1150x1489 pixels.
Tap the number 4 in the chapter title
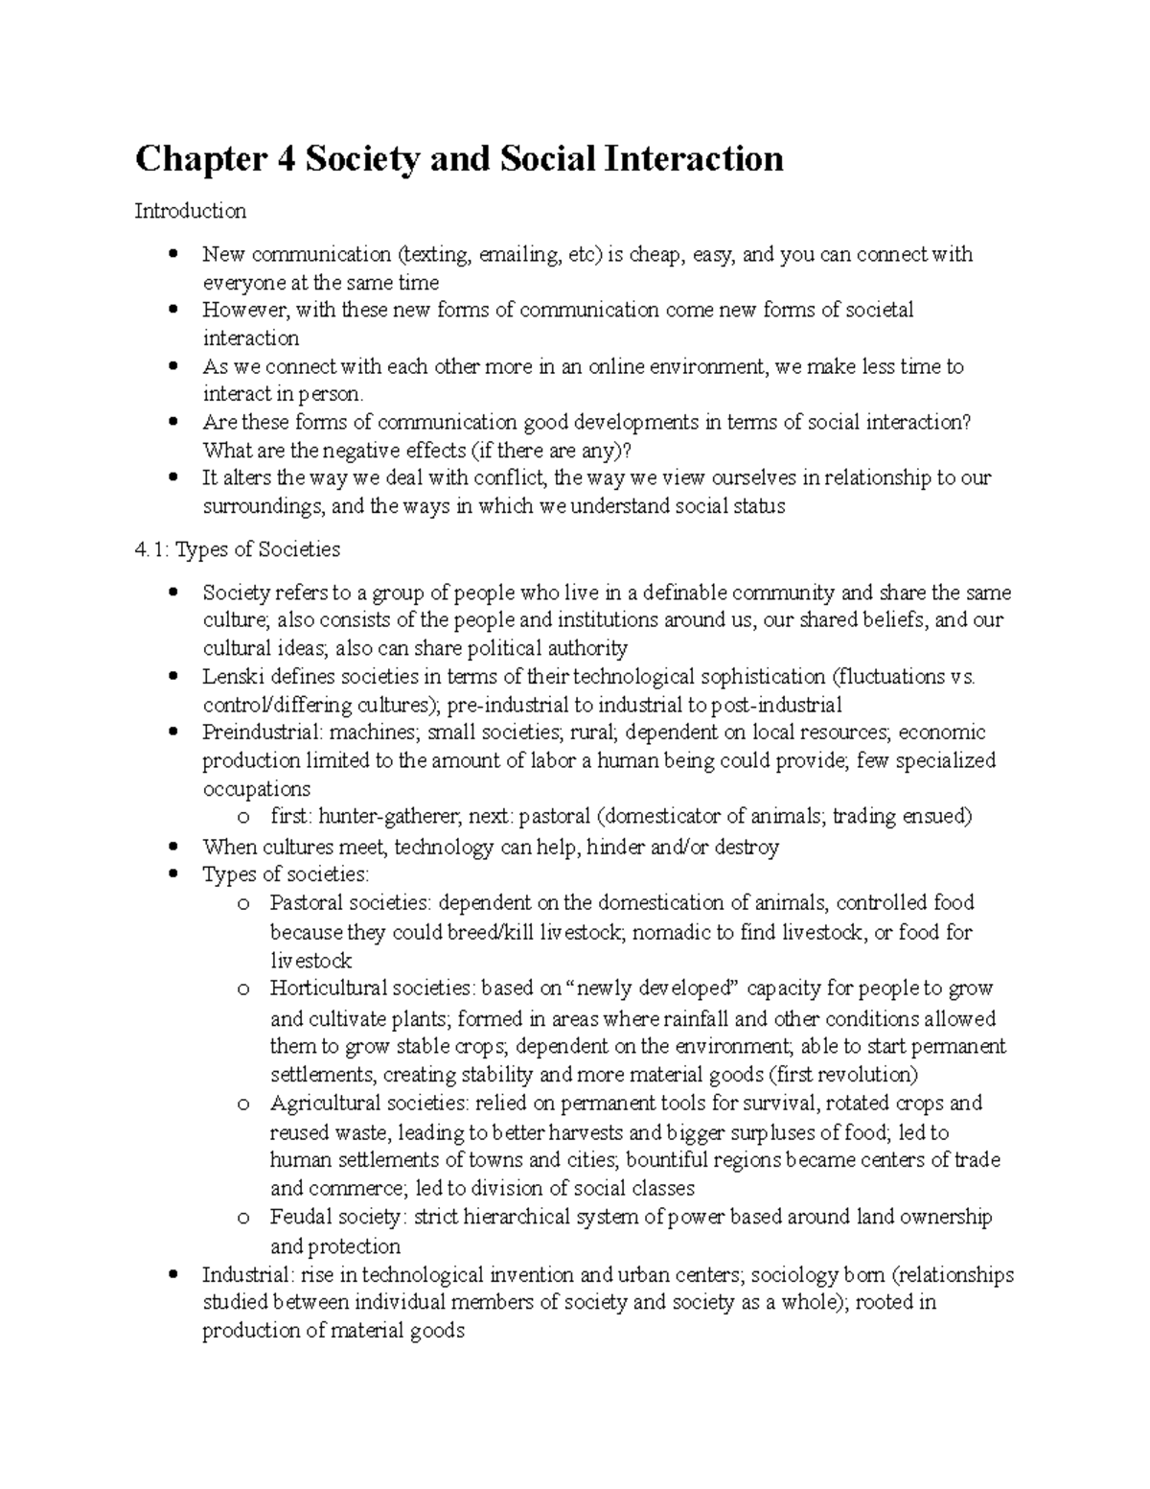285,159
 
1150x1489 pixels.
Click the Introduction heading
190,210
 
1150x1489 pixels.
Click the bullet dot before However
172,311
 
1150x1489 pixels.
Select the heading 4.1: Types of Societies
237,549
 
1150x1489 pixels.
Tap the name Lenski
230,677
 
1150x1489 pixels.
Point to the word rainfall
695,1018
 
